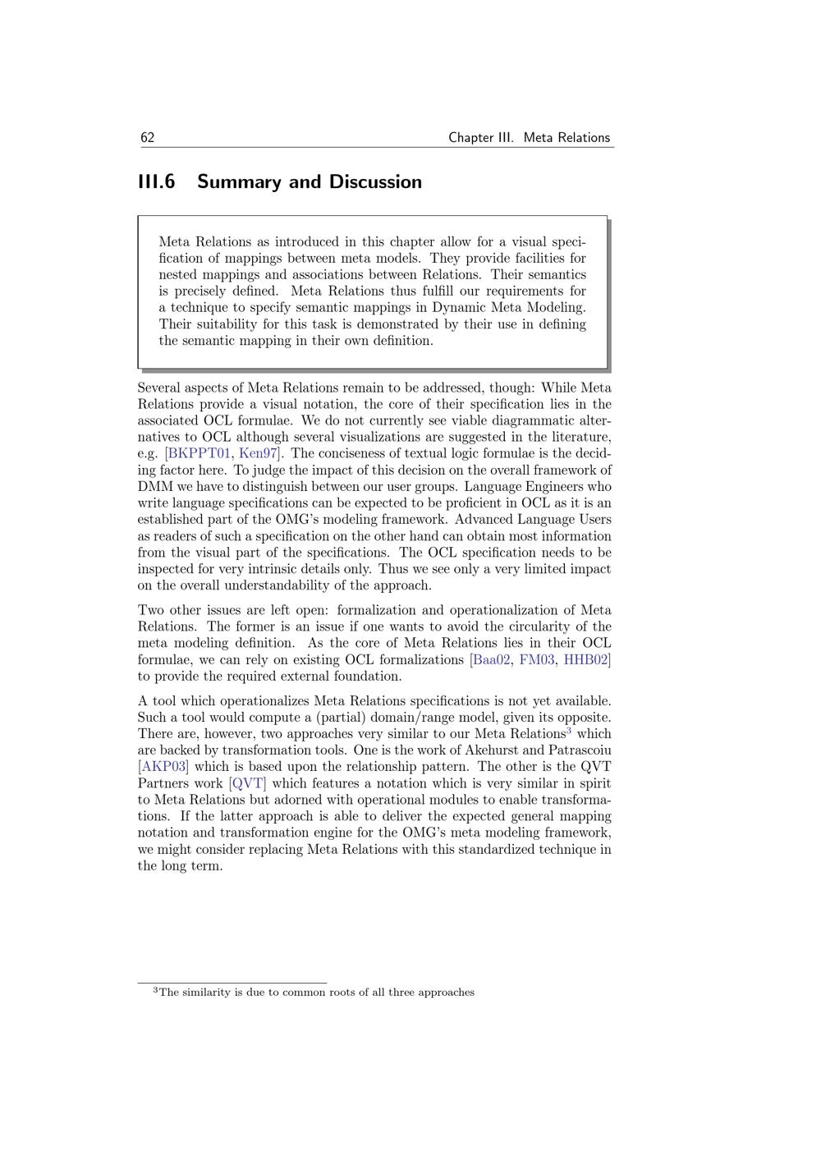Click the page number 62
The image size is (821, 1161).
coord(148,138)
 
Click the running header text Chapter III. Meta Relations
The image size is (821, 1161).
coord(529,138)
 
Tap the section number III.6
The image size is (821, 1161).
coord(156,182)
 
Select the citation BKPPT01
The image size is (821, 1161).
coord(199,453)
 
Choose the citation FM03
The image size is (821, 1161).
coord(537,659)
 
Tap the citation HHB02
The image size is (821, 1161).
coord(586,659)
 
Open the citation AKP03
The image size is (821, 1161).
coord(163,767)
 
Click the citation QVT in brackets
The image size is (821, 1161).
coord(248,783)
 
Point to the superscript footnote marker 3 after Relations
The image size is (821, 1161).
coord(570,730)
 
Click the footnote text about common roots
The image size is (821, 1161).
coord(317,993)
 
